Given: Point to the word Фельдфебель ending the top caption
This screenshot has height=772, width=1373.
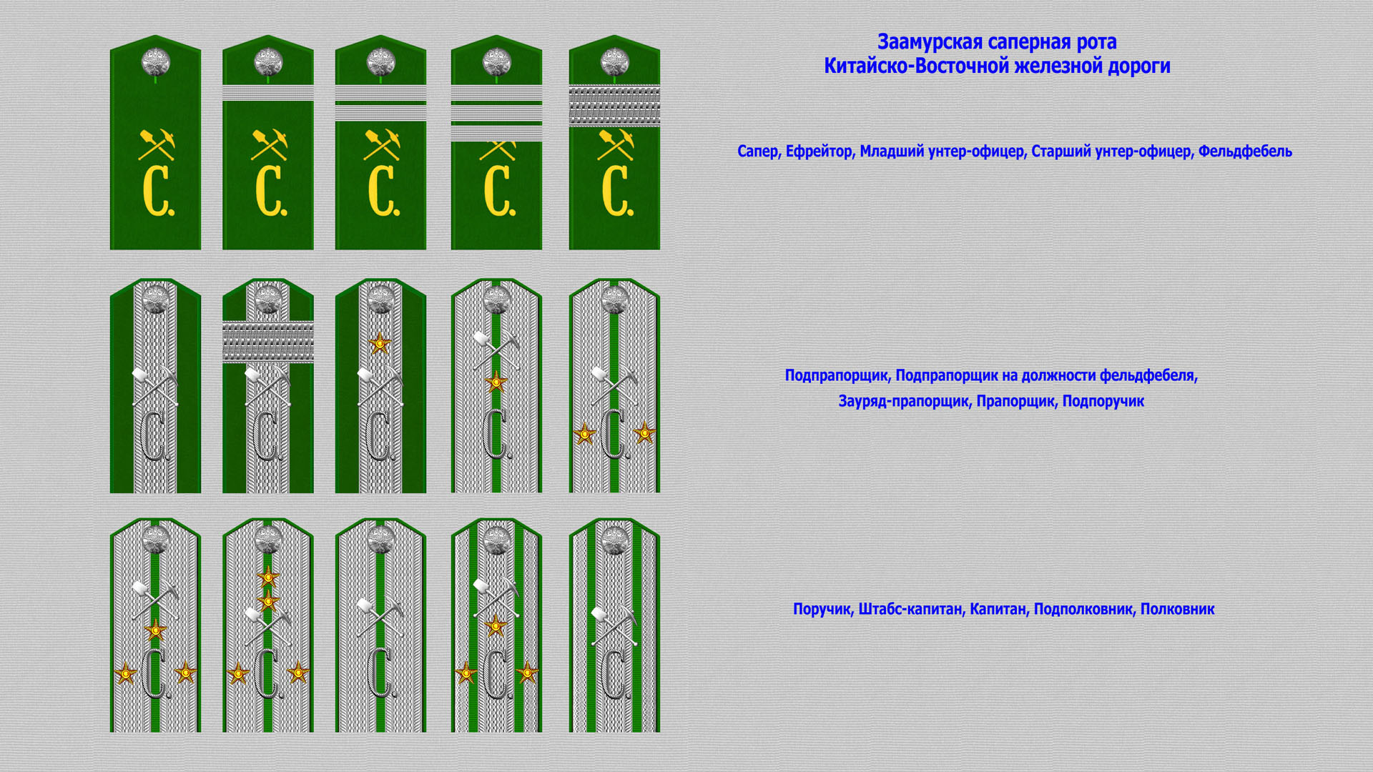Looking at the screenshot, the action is pos(1245,152).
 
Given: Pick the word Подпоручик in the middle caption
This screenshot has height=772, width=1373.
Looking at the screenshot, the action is pos(1103,402).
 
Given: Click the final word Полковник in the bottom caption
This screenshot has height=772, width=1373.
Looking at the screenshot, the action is pos(1177,609).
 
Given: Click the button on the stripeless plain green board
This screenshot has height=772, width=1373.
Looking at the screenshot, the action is pos(155,62).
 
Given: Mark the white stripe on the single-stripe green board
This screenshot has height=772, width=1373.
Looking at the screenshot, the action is pos(268,93).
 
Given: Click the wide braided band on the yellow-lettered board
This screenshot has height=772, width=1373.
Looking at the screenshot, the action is pos(614,106).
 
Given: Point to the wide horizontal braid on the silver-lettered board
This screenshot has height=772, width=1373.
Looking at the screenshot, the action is pos(268,342).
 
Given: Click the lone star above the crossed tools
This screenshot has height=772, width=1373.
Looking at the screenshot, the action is pos(380,345).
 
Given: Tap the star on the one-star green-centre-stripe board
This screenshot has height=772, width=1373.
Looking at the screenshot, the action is pos(496,382).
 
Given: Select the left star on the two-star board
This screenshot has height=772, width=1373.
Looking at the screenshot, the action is pos(584,433).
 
